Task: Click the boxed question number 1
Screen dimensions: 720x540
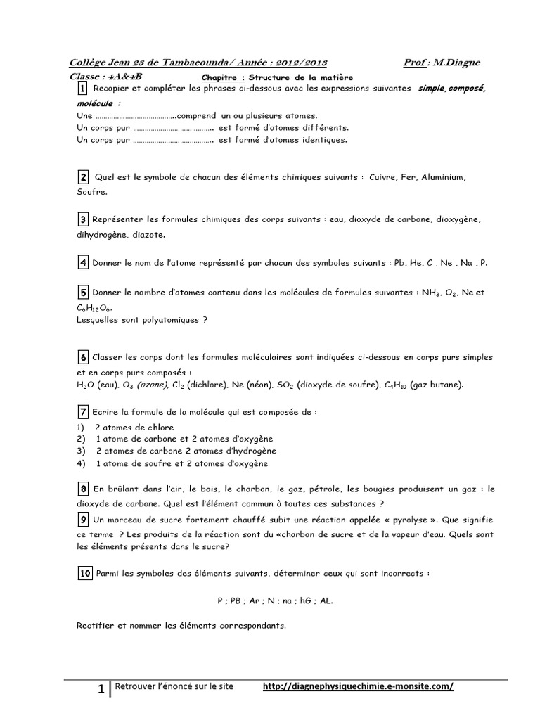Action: coord(82,90)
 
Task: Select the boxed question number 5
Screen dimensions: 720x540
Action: coord(82,292)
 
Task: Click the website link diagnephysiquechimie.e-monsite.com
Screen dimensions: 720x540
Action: coord(358,687)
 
